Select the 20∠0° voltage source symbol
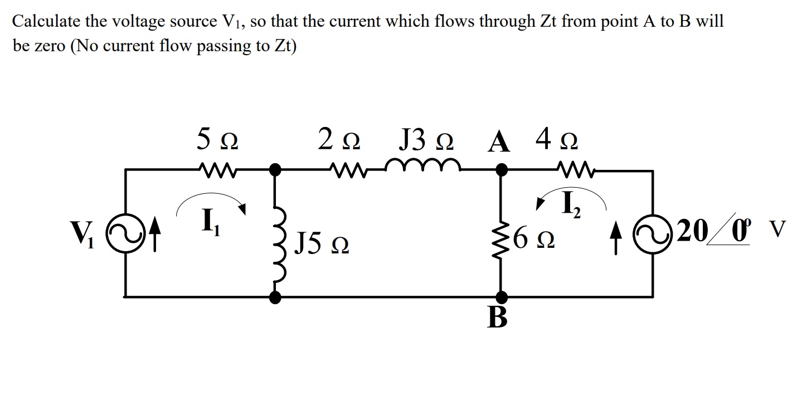click(x=653, y=230)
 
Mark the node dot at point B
click(x=502, y=297)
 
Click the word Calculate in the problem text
click(x=46, y=22)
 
